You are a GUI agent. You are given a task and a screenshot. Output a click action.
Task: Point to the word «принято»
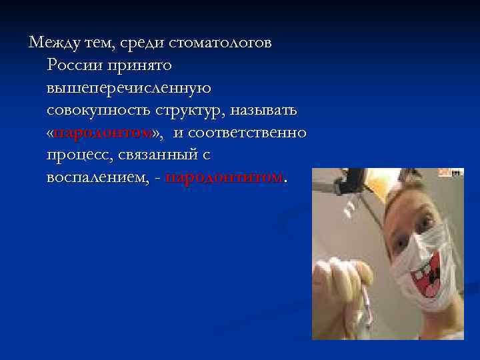143,65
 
